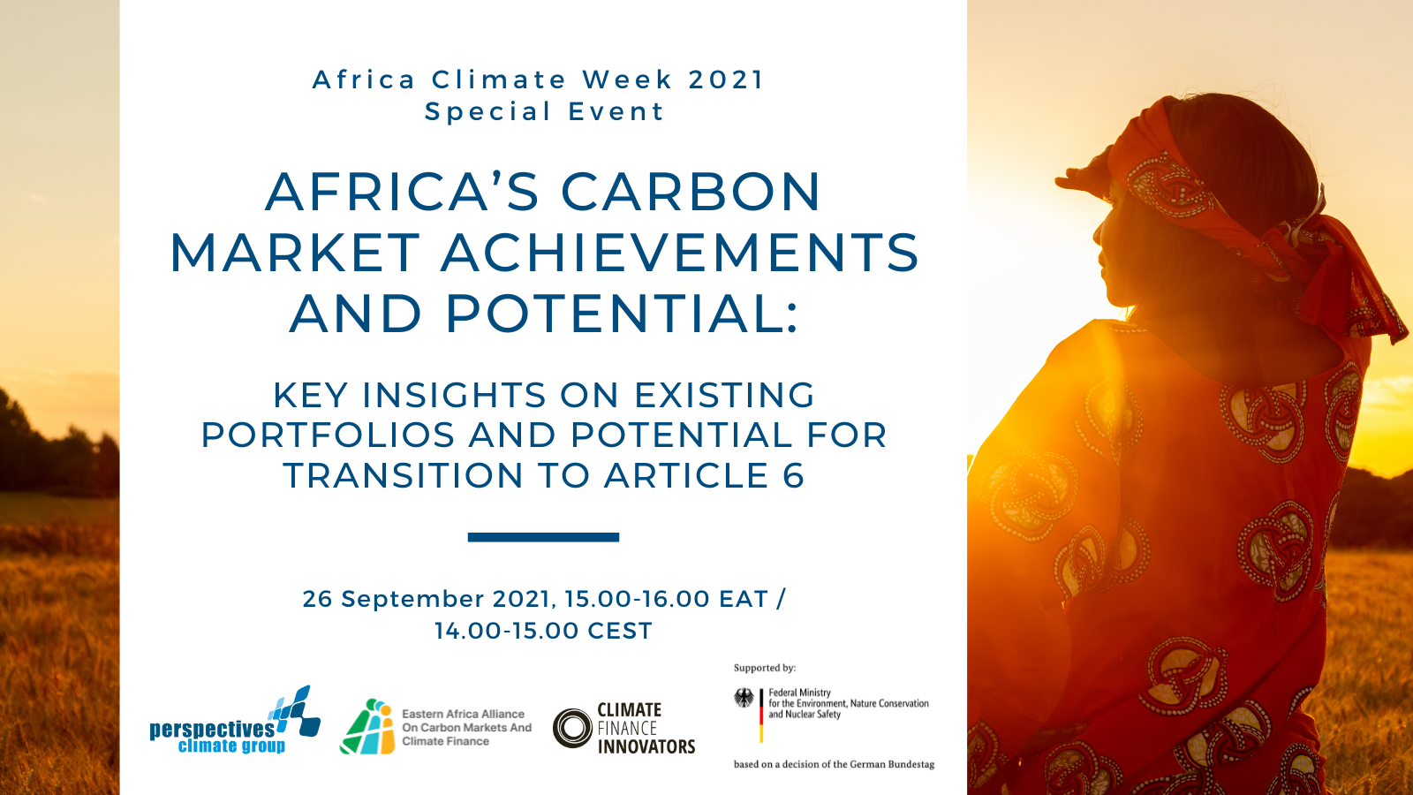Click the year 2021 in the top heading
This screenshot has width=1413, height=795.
coord(726,79)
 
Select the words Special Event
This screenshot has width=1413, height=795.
coord(544,111)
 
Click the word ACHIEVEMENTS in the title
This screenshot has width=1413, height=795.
coord(680,253)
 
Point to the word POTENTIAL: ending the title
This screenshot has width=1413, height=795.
coord(623,313)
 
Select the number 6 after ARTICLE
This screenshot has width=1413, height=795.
coord(794,476)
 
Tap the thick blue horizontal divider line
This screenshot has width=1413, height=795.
coord(543,537)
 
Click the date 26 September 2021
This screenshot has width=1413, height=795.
coord(429,599)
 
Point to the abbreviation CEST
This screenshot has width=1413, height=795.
coord(619,631)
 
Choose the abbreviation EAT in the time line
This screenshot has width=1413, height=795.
coord(744,599)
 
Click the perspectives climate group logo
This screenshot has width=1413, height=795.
coord(235,720)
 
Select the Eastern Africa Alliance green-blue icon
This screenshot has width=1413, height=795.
coord(367,726)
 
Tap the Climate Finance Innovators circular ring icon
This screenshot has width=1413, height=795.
coord(572,728)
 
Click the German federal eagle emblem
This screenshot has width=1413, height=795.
coord(744,698)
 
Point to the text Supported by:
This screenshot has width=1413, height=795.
coord(765,668)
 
